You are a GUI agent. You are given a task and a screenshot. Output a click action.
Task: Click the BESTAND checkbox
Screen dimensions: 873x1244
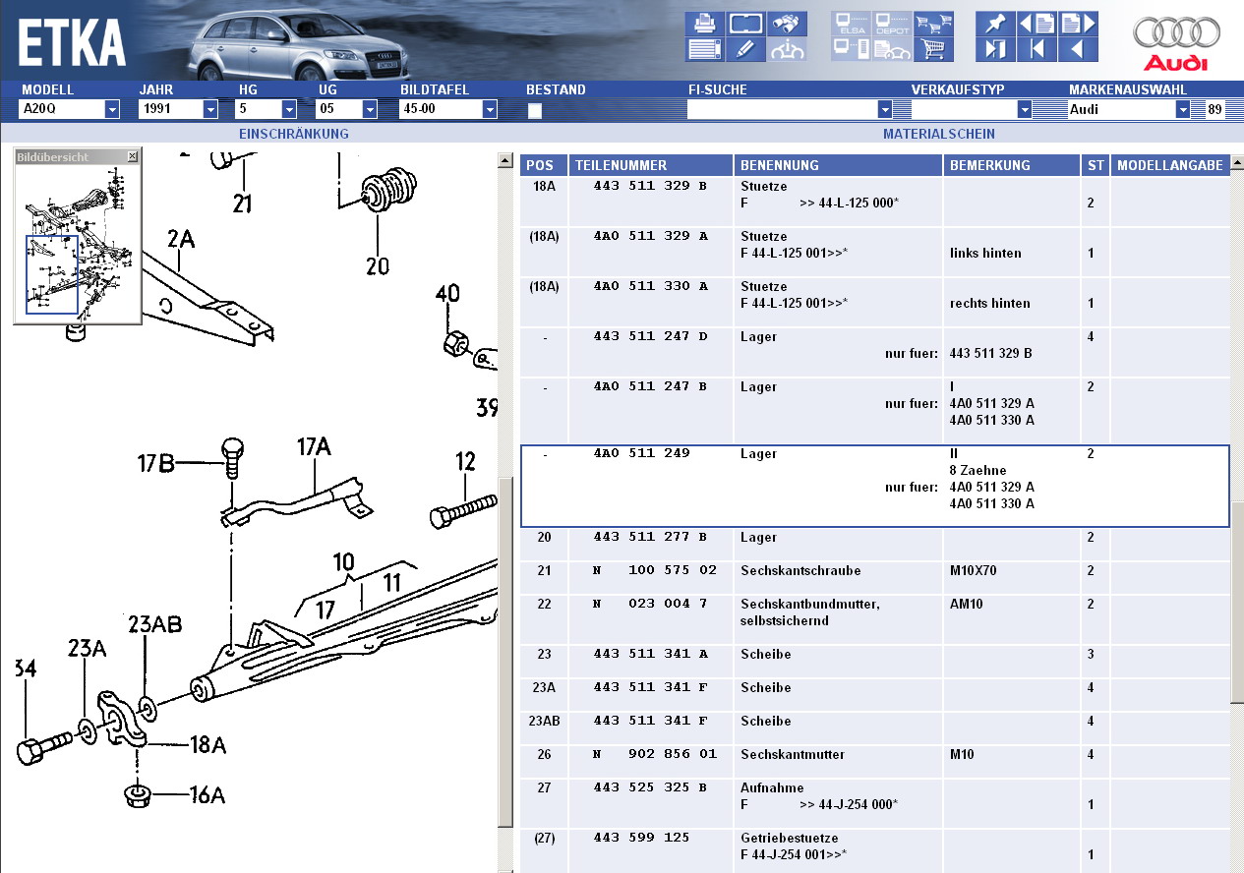(534, 110)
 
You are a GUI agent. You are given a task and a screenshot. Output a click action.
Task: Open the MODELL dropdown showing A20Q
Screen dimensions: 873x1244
(112, 110)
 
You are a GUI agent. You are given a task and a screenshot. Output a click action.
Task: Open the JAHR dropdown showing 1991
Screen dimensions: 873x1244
(210, 110)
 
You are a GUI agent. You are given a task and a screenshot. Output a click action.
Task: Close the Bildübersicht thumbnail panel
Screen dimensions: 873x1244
(133, 156)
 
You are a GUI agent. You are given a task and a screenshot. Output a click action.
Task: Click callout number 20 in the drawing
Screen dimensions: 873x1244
(378, 265)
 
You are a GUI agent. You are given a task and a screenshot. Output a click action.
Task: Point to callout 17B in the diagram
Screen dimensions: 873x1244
(155, 463)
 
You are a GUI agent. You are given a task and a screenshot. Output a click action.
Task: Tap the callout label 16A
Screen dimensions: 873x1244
(207, 795)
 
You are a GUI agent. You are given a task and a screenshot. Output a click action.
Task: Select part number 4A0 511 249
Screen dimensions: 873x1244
(641, 454)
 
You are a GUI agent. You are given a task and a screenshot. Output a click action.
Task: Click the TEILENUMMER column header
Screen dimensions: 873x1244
(622, 165)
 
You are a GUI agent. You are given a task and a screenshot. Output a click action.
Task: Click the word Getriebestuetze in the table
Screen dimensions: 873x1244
(789, 838)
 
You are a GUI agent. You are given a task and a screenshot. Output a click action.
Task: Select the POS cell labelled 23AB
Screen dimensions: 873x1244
(544, 722)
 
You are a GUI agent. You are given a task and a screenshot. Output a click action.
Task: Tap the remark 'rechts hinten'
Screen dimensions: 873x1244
(989, 304)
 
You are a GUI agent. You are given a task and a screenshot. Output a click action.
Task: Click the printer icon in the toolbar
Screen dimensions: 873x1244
(704, 23)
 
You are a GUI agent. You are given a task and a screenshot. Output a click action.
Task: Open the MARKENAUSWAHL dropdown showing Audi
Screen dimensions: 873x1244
(1182, 110)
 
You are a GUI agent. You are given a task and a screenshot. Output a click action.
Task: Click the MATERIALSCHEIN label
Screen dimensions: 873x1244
(938, 134)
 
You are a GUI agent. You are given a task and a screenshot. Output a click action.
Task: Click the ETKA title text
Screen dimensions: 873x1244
(72, 43)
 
